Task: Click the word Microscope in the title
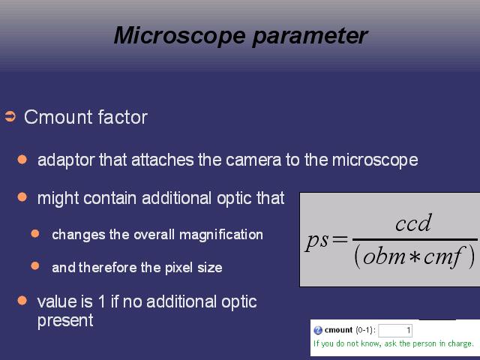tap(180, 36)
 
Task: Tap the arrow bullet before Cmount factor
tap(10, 117)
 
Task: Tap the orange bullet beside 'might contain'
tap(22, 196)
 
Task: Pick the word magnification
tap(221, 235)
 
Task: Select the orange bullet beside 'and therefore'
tap(35, 265)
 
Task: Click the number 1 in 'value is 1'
tap(102, 301)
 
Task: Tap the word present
tap(65, 321)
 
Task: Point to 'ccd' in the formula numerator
tap(413, 223)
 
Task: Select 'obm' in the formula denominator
tap(384, 256)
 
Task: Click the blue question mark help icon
tap(318, 330)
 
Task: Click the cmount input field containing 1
tap(395, 331)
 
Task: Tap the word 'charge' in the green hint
tap(460, 344)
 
